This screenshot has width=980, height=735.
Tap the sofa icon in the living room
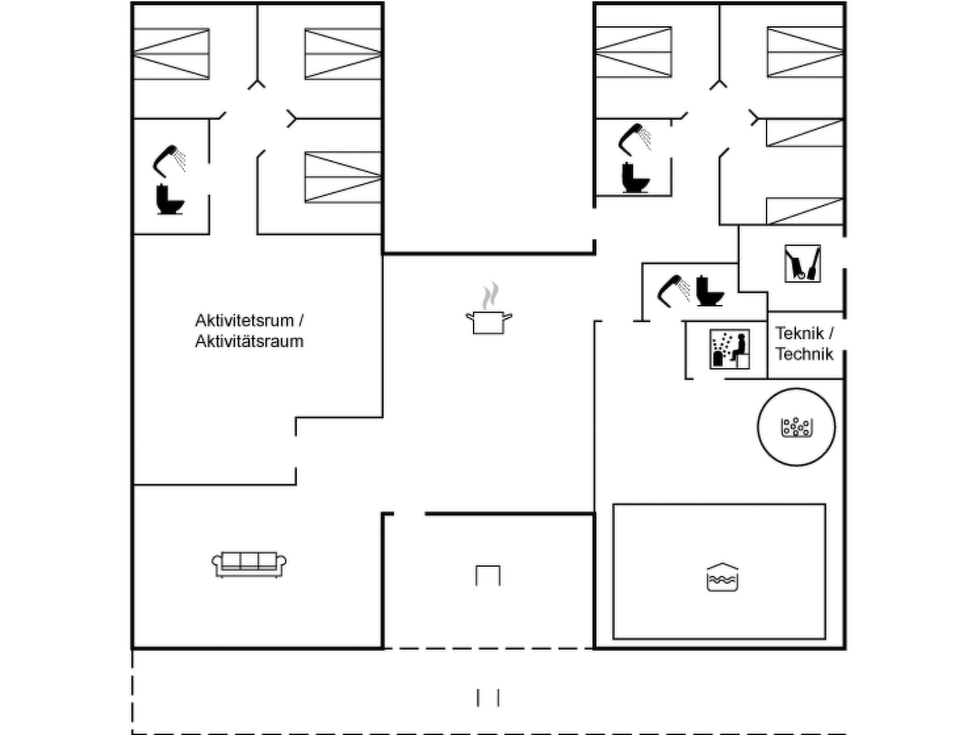click(249, 564)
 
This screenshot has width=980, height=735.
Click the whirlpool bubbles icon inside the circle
click(796, 427)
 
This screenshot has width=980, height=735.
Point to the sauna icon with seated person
click(729, 349)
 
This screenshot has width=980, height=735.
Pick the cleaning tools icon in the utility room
click(802, 264)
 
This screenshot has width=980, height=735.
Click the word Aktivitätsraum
click(249, 342)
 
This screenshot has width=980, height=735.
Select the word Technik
click(804, 354)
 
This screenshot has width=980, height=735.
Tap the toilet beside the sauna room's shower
click(709, 290)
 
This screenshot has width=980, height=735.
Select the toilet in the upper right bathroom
click(635, 178)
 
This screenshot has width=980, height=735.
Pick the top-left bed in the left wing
click(171, 54)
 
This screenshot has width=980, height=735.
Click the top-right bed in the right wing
click(805, 52)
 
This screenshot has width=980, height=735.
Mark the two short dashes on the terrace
click(488, 698)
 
